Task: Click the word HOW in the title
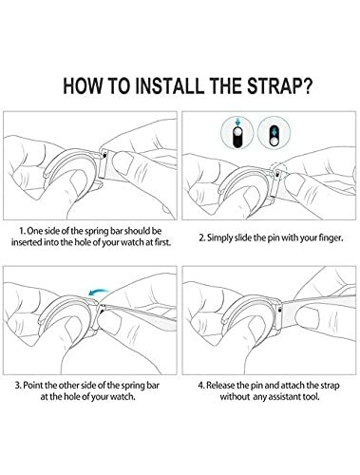pyautogui.click(x=83, y=85)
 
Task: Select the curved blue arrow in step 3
pyautogui.click(x=99, y=291)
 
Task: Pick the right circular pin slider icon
pyautogui.click(x=275, y=133)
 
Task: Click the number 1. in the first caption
pyautogui.click(x=22, y=231)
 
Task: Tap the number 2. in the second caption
pyautogui.click(x=202, y=237)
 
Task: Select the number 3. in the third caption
pyautogui.click(x=19, y=386)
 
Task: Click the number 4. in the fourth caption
pyautogui.click(x=201, y=386)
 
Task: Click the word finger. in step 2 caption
pyautogui.click(x=331, y=238)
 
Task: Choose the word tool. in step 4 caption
pyautogui.click(x=311, y=396)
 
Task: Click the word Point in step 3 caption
pyautogui.click(x=33, y=386)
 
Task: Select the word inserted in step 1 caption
pyautogui.click(x=25, y=242)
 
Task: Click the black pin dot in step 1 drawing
pyautogui.click(x=104, y=155)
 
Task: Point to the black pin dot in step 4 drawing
pyautogui.click(x=279, y=310)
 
